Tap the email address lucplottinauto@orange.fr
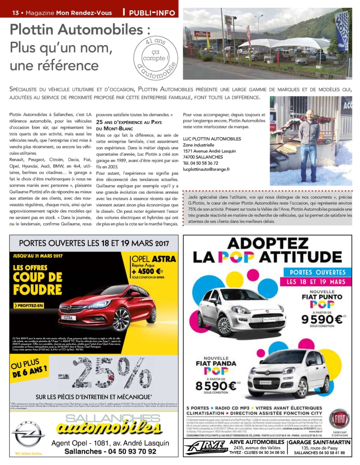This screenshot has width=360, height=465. pos(206,169)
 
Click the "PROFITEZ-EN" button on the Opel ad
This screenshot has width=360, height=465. pos(28,306)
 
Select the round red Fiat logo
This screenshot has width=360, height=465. pos(339,419)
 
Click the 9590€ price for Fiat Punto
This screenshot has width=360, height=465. pos(322,319)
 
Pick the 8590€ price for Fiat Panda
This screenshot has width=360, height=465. pos(216,386)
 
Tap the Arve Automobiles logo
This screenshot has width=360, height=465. pos(207,448)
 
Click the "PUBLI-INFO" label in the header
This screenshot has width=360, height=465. pos(152,13)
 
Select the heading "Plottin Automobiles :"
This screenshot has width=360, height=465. pos(80,29)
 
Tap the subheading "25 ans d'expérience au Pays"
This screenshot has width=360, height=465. pos(129,122)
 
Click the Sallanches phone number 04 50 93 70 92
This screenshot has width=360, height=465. pos(110,451)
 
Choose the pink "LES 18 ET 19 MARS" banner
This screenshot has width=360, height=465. pos(316,282)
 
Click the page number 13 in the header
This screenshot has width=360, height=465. pos(15,13)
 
